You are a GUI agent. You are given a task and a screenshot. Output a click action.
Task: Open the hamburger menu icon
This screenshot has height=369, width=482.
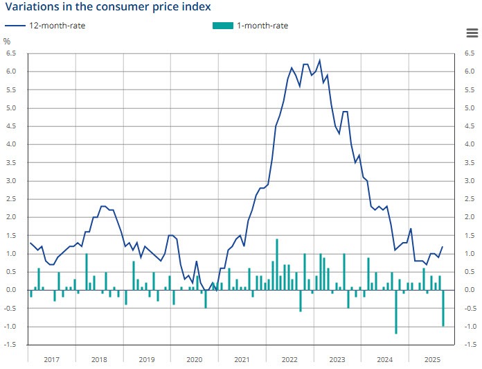[x=472, y=33]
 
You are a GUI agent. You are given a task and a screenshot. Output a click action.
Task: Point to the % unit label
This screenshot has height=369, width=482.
[x=8, y=41]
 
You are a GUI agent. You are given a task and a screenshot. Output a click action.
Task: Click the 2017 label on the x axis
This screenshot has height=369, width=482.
[x=51, y=359]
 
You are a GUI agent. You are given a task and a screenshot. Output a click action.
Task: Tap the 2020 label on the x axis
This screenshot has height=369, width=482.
[x=195, y=359]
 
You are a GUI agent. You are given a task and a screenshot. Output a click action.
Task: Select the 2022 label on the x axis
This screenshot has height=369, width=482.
[x=289, y=359]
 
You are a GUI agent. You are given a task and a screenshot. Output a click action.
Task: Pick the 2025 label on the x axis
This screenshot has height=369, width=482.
[x=433, y=359]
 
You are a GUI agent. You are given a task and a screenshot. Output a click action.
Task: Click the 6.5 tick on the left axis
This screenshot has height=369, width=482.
[x=11, y=53]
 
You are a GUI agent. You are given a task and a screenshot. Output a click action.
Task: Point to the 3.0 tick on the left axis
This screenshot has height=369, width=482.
[x=11, y=180]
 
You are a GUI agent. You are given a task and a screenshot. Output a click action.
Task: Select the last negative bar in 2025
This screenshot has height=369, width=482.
[x=443, y=308]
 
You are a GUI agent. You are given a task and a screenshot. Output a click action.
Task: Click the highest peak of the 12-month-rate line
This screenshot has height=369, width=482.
[x=319, y=60]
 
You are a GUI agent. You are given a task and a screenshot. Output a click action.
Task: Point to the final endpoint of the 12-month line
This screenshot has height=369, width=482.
[x=443, y=246]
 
